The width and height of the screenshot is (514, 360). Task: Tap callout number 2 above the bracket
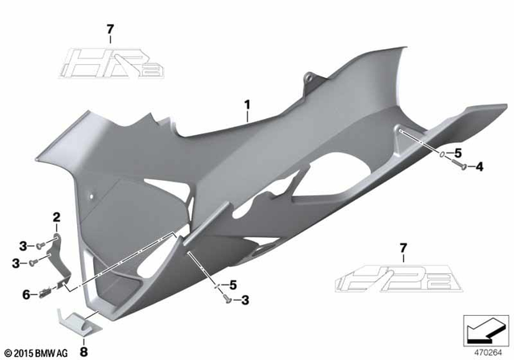click(56, 217)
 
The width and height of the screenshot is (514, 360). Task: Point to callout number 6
click(26, 295)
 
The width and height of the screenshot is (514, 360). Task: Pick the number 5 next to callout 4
click(458, 153)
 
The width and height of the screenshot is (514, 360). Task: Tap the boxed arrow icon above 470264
click(483, 329)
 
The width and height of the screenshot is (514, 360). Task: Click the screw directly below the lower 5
click(228, 299)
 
